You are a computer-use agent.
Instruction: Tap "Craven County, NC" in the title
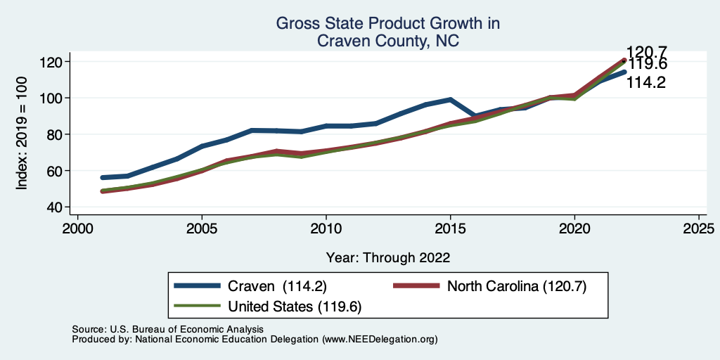coord(388,41)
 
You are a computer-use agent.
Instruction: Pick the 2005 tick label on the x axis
coord(202,229)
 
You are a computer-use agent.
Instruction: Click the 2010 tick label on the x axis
coord(326,229)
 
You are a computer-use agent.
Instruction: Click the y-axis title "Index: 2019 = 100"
coord(22,134)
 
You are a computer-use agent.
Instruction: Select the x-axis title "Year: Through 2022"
coord(388,257)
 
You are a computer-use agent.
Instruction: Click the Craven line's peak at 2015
coord(450,100)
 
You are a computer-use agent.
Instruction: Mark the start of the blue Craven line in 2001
coord(103,178)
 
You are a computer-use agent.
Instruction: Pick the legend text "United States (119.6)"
coord(295,307)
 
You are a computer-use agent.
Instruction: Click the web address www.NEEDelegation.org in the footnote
coord(379,340)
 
